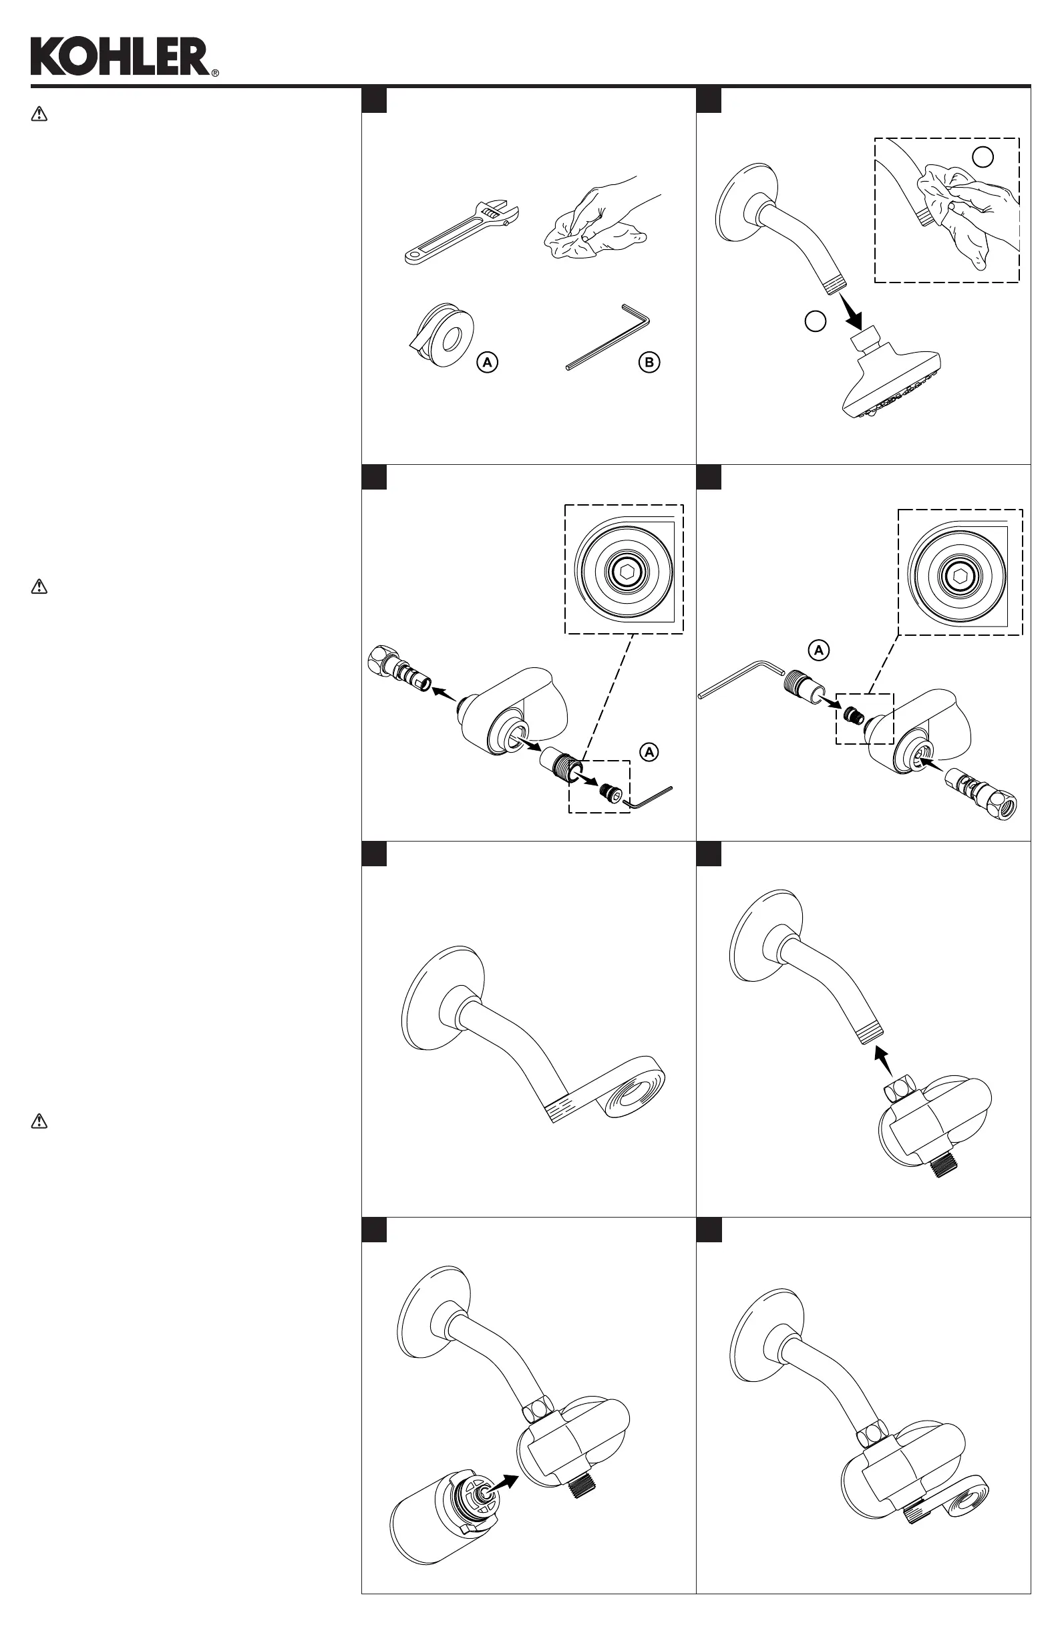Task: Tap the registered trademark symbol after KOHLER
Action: [215, 73]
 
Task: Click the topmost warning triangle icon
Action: [39, 114]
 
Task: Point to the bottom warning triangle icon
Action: [39, 1121]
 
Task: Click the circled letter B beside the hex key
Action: [649, 362]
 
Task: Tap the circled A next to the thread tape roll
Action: [487, 362]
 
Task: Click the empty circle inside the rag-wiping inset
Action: [983, 157]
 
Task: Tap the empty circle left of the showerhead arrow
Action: [815, 321]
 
